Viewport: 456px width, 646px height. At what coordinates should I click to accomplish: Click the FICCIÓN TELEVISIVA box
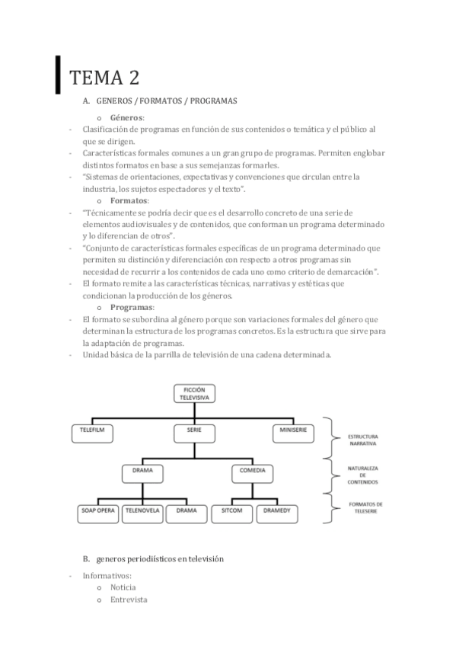pos(194,393)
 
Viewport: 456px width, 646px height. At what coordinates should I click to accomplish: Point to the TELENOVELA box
pos(142,511)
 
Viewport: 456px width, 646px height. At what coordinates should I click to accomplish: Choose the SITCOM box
pos(231,511)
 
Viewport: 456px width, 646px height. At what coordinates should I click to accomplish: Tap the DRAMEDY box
pos(278,511)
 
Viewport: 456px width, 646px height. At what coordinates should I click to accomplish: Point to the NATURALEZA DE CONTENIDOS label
pos(363,475)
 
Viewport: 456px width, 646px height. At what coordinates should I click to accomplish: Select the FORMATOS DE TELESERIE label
pos(365,507)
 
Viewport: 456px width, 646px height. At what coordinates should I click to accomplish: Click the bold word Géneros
pos(126,118)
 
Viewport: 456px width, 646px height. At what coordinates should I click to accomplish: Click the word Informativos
pos(107,575)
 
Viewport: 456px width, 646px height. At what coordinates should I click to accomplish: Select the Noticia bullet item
pos(123,587)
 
